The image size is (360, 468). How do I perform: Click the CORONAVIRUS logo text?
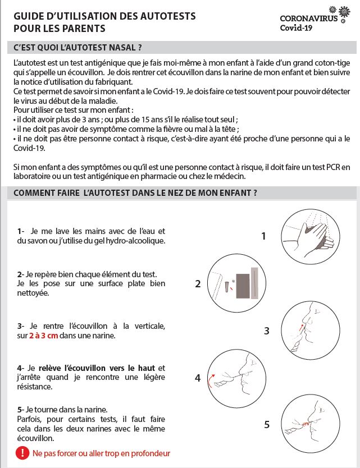[x=308, y=19]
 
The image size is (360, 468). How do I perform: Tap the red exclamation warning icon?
[x=22, y=452]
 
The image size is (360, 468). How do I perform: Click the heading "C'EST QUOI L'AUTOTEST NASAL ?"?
[x=78, y=48]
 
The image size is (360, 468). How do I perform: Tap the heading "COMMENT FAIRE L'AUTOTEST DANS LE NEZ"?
[x=135, y=192]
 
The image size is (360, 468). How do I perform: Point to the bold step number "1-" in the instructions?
[x=21, y=231]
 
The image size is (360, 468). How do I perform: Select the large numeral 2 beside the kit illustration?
[x=198, y=284]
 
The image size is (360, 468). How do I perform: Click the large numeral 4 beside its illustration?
[x=198, y=378]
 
